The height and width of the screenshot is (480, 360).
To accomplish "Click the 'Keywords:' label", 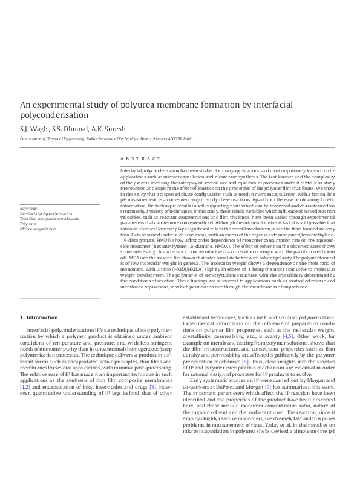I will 28,208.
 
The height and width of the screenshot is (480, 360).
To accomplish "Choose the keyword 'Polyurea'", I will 27,224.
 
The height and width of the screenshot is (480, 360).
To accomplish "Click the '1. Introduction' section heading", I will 39,317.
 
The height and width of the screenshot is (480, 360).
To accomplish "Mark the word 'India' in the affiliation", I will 188,139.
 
